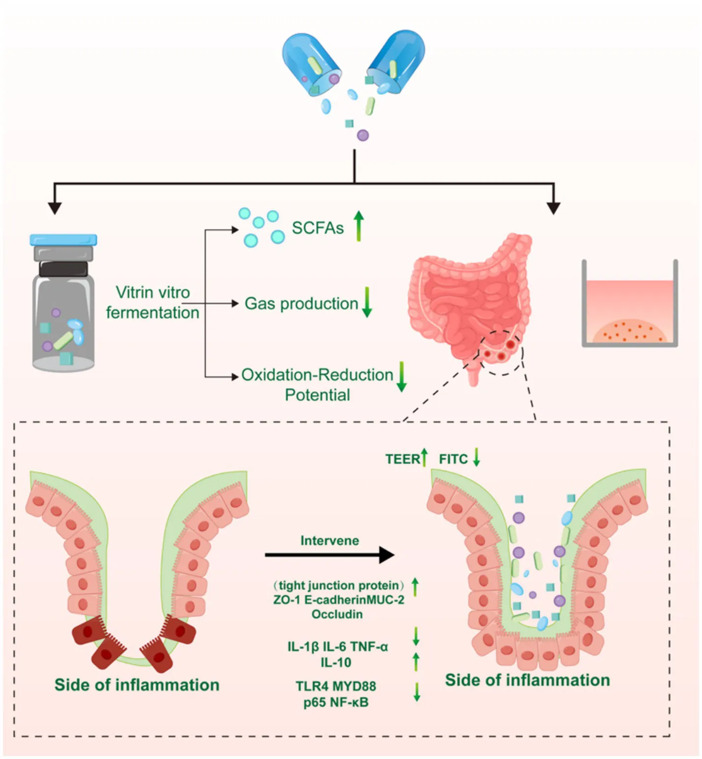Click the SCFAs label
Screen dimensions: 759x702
317,228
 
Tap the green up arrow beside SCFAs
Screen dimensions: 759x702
359,226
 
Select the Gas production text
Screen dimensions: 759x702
301,304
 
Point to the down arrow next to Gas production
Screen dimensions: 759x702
367,302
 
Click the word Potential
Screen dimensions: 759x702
317,395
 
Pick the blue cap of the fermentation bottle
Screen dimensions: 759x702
63,240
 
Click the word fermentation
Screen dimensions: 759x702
152,312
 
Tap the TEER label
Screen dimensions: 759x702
402,459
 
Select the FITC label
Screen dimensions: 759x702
453,459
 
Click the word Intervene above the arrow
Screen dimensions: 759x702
330,540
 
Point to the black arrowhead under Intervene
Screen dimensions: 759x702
387,555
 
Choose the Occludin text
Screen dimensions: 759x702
337,614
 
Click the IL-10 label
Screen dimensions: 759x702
336,662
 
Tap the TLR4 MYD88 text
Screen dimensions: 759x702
336,686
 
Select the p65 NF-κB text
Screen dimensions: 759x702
336,703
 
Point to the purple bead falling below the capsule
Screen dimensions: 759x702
363,135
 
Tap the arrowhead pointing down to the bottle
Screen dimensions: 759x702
55,208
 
